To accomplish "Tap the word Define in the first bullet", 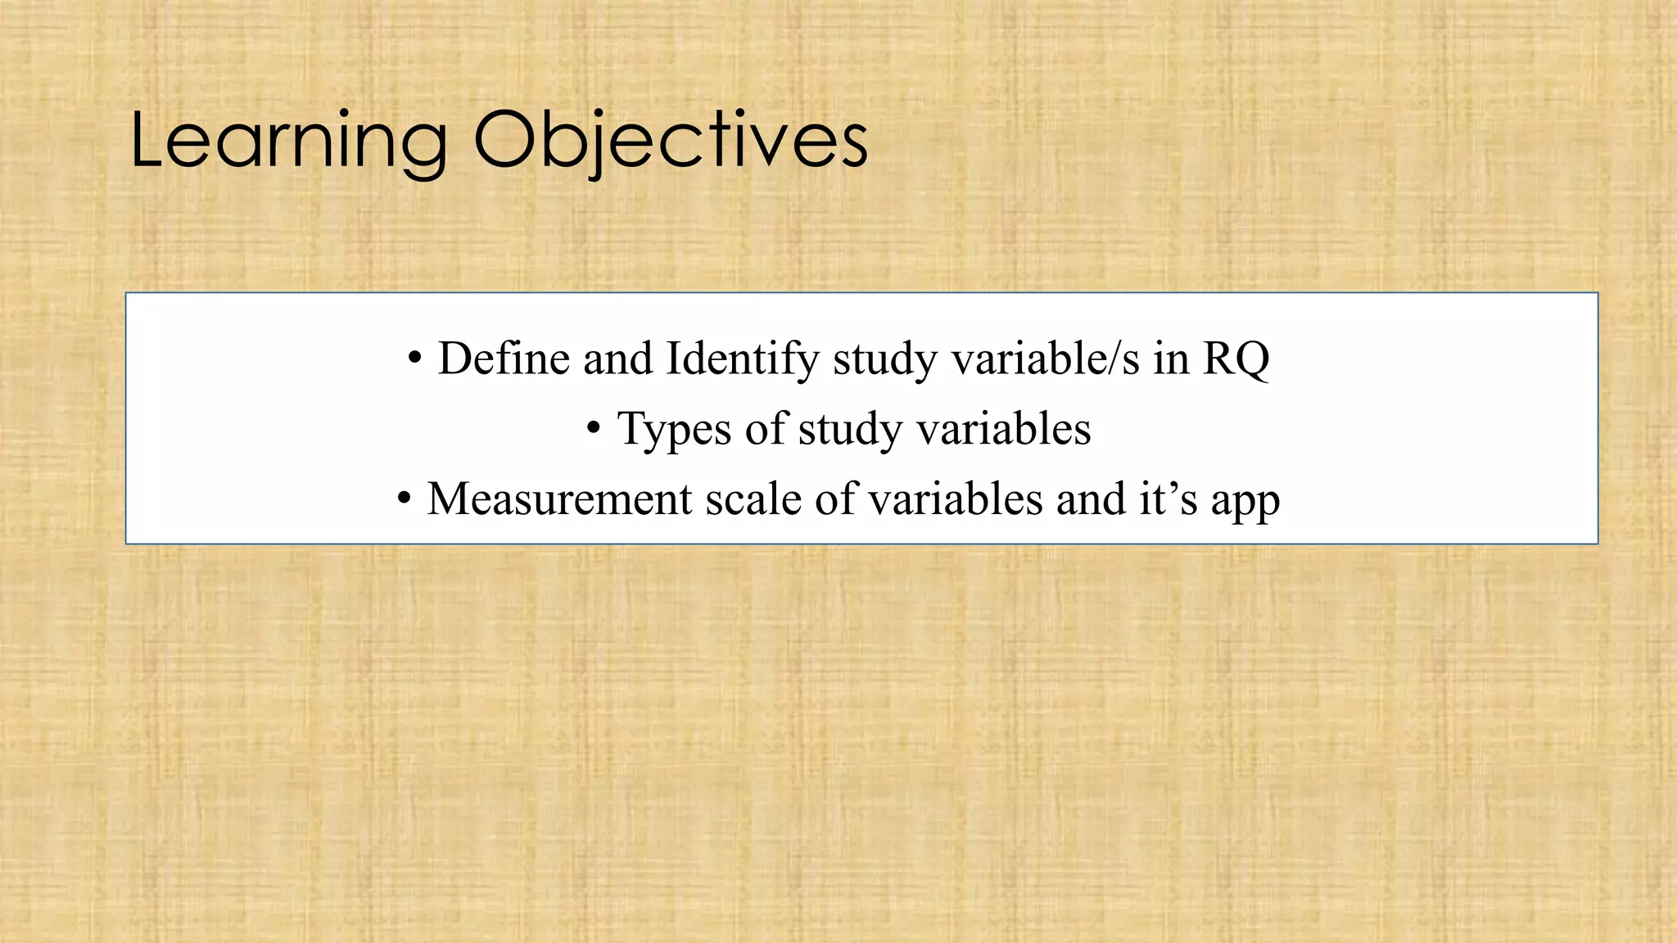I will (x=504, y=359).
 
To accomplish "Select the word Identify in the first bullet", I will (x=742, y=359).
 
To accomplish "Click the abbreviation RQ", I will (x=1236, y=359).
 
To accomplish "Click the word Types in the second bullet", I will (x=673, y=429).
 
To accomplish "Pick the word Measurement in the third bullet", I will (x=559, y=499).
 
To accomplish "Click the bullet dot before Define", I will (x=414, y=359).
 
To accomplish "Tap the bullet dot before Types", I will (x=594, y=429).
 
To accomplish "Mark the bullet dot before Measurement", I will (x=404, y=499).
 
